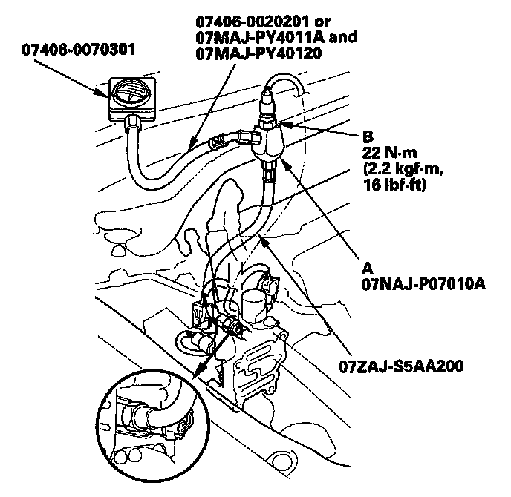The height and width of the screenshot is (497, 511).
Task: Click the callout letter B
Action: [367, 137]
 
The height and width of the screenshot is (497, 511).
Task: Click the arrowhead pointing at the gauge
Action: [106, 90]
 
